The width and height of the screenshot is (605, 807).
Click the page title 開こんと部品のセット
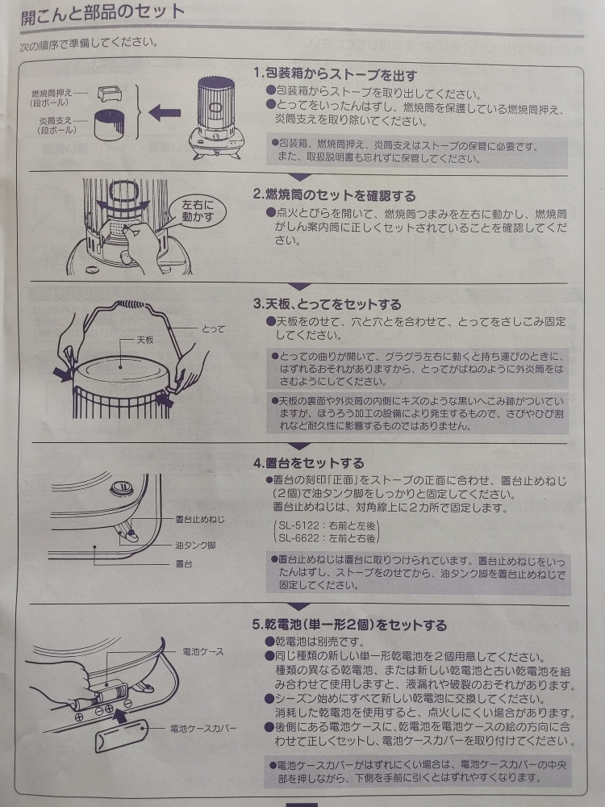click(x=102, y=14)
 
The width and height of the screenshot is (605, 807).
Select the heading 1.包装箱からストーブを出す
click(x=335, y=75)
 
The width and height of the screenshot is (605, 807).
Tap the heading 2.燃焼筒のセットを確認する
click(x=335, y=195)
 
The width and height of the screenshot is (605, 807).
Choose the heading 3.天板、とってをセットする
click(x=327, y=304)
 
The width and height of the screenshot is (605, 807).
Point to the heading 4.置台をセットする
click(x=308, y=463)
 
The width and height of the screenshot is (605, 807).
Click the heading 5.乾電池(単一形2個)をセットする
click(x=350, y=625)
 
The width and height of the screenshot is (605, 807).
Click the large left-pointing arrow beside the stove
click(x=165, y=113)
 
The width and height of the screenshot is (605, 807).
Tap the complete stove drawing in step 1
click(x=216, y=117)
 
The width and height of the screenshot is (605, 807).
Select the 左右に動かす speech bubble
click(x=198, y=211)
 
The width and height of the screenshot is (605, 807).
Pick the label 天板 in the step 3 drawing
click(x=144, y=341)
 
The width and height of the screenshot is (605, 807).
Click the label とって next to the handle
click(x=213, y=329)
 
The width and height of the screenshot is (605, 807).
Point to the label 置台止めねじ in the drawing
click(x=199, y=519)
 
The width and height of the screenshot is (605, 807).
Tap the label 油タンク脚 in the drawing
click(x=195, y=545)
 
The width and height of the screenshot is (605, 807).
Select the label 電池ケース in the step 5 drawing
click(x=203, y=651)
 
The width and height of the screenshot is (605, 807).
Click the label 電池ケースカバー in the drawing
click(x=203, y=729)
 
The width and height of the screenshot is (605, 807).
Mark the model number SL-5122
click(x=295, y=526)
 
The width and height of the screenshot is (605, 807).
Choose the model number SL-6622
click(x=296, y=537)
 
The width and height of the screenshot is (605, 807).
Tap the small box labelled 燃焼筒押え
click(x=110, y=94)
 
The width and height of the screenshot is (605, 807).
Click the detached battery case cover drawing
click(x=122, y=737)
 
